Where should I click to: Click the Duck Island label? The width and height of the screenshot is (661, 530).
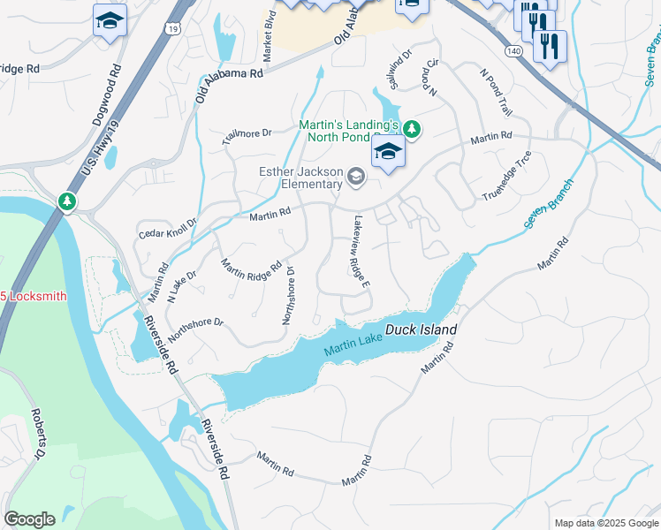421,330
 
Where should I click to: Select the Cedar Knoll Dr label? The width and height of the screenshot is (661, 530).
167,230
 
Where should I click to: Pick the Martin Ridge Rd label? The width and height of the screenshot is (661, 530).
251,266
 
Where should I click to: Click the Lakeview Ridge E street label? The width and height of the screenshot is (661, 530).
361,253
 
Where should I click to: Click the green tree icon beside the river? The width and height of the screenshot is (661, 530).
67,202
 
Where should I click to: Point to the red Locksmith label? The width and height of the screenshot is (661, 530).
34,296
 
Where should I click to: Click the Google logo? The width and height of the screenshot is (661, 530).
29,519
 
